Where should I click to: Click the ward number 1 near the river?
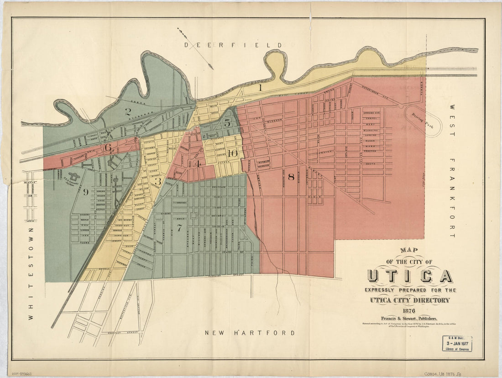(260, 88)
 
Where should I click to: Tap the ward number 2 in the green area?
(128, 111)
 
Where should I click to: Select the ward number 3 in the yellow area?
(158, 182)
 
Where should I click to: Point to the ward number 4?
(197, 163)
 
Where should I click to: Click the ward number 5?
(227, 123)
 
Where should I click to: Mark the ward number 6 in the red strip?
(108, 147)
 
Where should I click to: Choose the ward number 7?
(179, 227)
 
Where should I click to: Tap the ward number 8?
(291, 177)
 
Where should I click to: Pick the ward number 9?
(85, 192)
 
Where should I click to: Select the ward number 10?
(232, 153)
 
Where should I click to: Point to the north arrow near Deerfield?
(195, 48)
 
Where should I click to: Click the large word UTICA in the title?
(409, 276)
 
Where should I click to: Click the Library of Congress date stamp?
(456, 343)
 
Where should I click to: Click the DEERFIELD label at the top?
(233, 45)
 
